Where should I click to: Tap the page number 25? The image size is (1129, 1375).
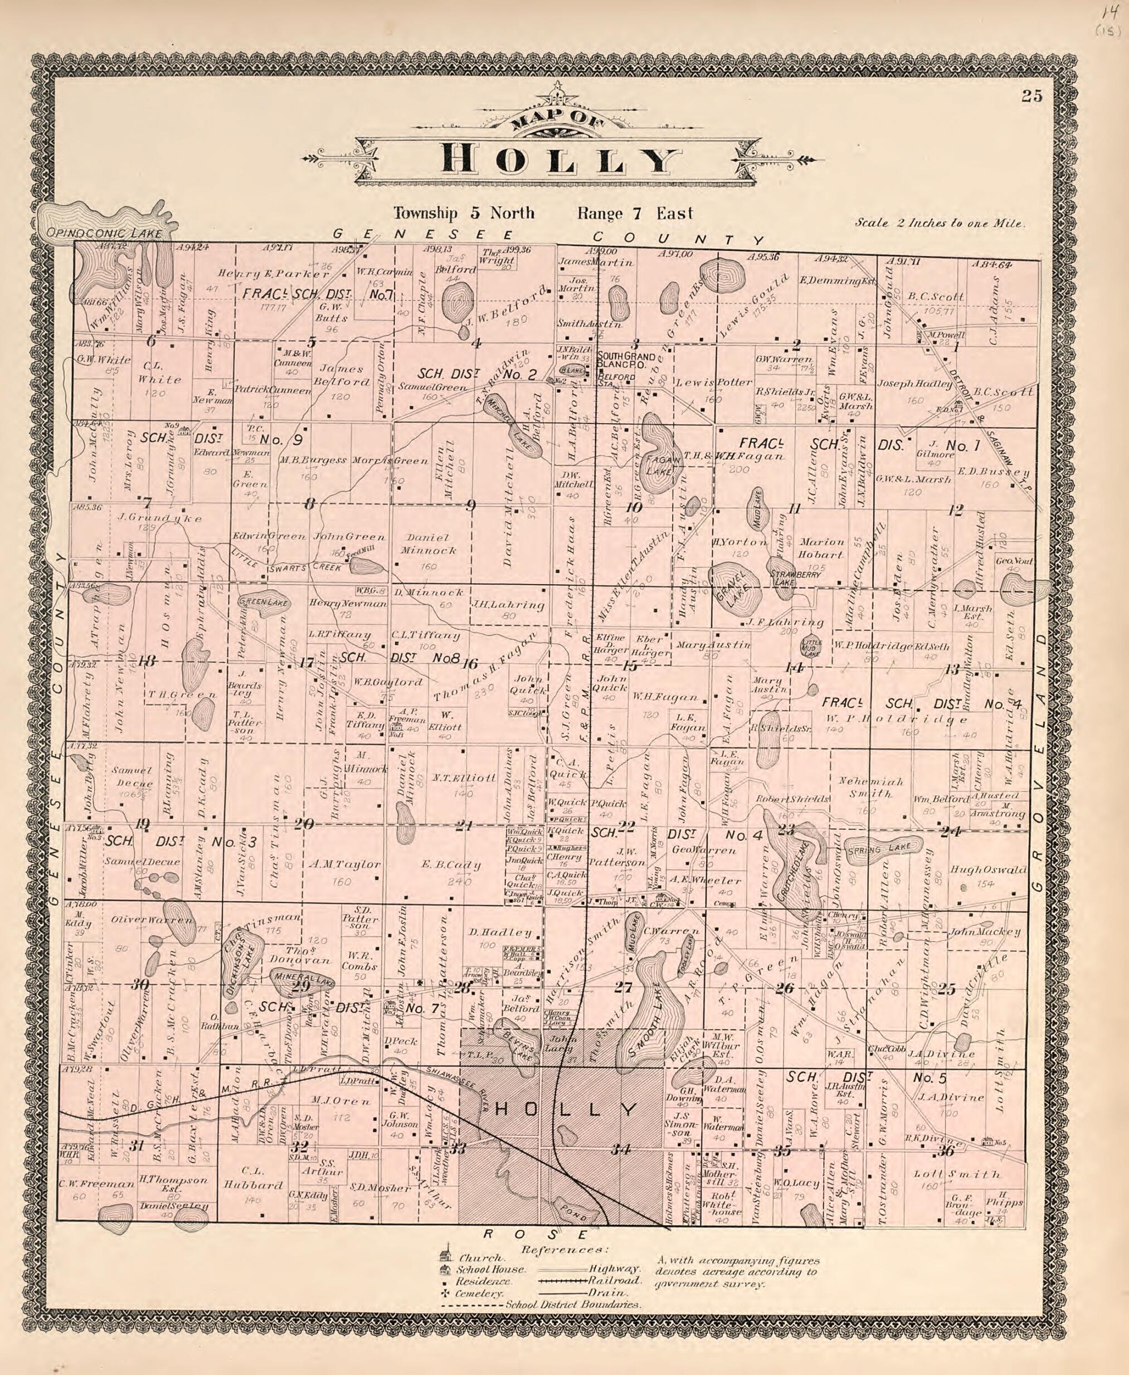tap(1031, 96)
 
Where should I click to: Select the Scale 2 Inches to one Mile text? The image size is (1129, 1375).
tap(940, 223)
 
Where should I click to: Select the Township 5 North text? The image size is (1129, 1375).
tap(463, 213)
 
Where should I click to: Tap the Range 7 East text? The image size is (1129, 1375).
tap(635, 213)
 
